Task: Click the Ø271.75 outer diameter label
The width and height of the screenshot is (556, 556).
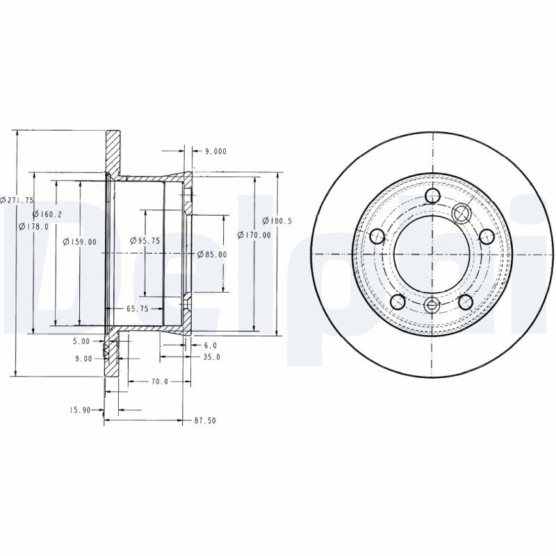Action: pos(17,200)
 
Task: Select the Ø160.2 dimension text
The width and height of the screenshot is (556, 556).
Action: pos(47,214)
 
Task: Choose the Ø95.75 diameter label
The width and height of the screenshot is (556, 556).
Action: pos(146,240)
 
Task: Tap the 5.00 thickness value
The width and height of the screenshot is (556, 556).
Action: pos(81,341)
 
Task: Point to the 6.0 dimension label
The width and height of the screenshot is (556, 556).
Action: pos(211,345)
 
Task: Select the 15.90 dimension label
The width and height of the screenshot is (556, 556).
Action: pos(81,410)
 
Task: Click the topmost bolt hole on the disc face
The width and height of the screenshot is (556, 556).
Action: pos(432,195)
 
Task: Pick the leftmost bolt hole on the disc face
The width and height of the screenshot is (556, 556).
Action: pos(377,236)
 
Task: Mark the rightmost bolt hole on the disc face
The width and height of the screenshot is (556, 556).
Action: pos(487,236)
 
